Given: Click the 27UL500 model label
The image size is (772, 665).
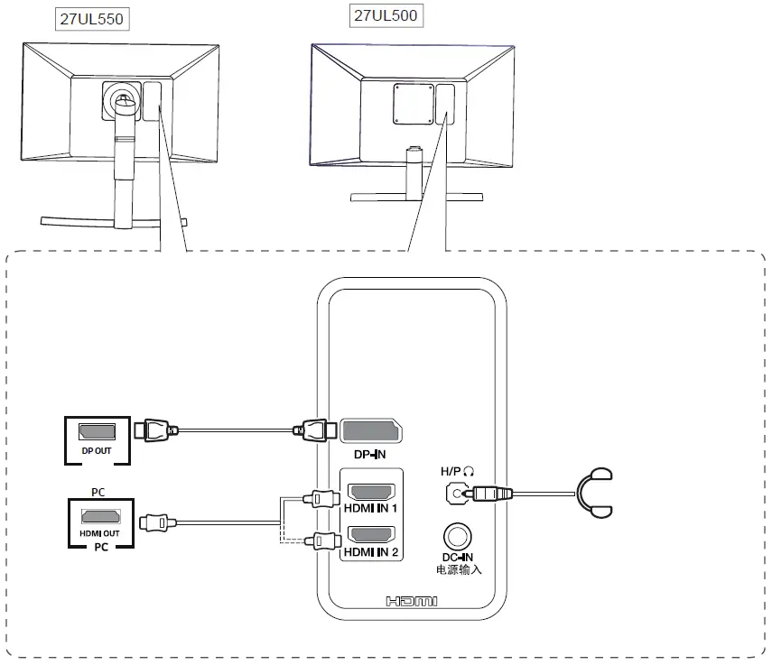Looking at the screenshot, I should coord(386,15).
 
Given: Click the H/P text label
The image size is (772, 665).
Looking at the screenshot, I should coord(450,471).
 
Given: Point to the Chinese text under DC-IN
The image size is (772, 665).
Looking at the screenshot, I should coord(458,570).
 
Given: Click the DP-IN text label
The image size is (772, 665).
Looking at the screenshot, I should coord(368,455).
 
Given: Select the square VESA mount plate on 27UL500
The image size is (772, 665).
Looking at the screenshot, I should coord(408,102).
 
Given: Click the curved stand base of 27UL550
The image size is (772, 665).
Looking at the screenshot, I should coord(113,220).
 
